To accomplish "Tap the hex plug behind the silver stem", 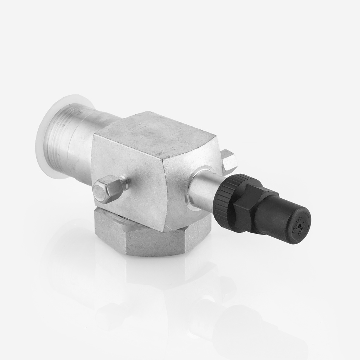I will click(x=229, y=161).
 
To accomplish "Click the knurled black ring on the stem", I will click(x=225, y=202).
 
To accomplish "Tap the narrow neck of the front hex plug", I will click(x=124, y=183).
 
